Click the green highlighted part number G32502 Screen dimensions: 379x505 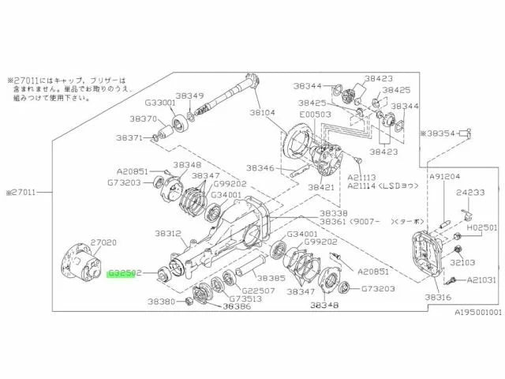(125, 272)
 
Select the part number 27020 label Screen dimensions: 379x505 (103, 243)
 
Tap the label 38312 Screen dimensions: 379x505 (168, 234)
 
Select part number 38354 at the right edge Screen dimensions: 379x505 (444, 135)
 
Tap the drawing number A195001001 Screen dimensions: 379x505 (477, 312)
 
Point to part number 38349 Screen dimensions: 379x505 (189, 96)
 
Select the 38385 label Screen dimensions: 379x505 (271, 279)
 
